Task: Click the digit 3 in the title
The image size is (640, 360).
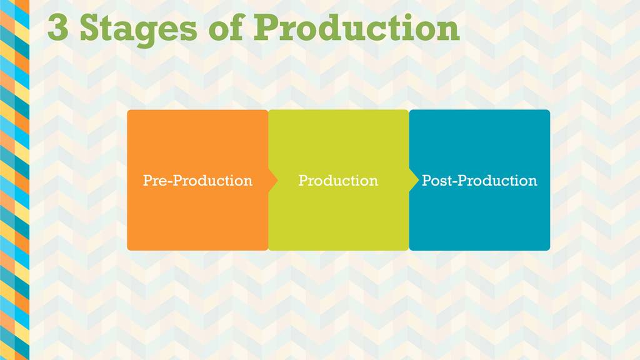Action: tap(58, 27)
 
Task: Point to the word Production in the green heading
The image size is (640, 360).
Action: tap(357, 27)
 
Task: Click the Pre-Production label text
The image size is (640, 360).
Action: tap(198, 181)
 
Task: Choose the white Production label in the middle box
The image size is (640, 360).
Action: tap(338, 181)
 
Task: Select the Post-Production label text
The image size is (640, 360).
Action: tap(479, 181)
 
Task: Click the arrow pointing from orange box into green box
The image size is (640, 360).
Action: tap(273, 180)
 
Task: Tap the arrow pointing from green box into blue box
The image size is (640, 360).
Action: tap(414, 180)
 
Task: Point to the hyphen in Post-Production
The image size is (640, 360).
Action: tap(454, 182)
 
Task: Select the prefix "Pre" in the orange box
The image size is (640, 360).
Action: tap(155, 181)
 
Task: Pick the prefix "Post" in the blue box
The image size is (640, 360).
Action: tap(436, 181)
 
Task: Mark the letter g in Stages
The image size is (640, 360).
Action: tap(147, 34)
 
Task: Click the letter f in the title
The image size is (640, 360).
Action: tap(238, 26)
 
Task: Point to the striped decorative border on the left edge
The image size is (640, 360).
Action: tap(15, 180)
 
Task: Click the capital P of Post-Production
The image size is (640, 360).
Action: tap(426, 181)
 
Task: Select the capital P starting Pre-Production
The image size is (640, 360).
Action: tap(147, 181)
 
